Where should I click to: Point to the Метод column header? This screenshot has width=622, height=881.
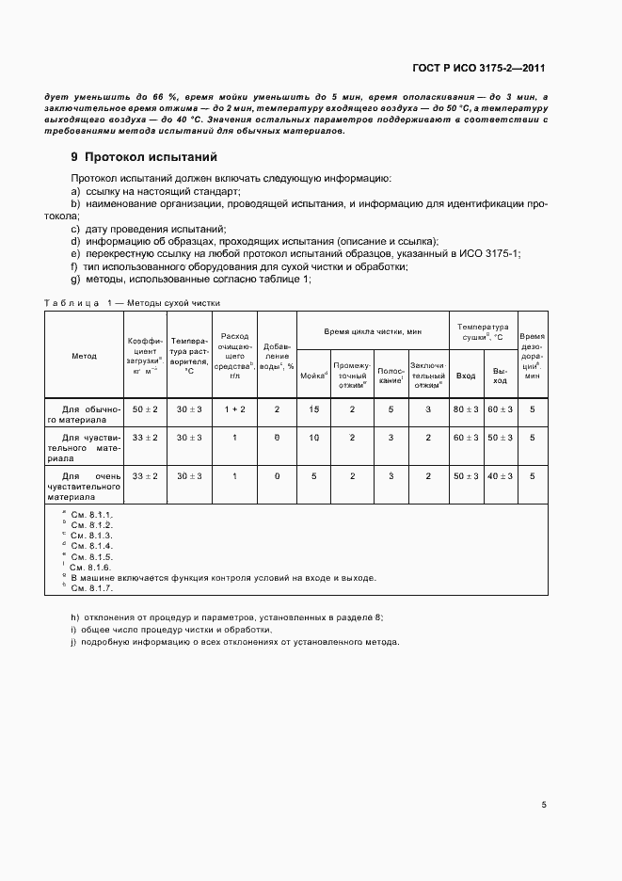pos(85,357)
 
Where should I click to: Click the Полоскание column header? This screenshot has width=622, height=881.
pos(391,375)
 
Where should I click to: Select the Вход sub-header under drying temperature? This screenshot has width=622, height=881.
pos(466,376)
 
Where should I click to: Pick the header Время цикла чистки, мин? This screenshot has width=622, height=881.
pos(373,332)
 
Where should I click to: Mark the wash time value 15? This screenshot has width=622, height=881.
pos(313,410)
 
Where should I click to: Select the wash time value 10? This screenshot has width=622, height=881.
pos(313,438)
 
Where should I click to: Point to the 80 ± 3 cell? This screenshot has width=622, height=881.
pos(466,410)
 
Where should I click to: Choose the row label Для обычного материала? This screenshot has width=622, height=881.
pos(85,415)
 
